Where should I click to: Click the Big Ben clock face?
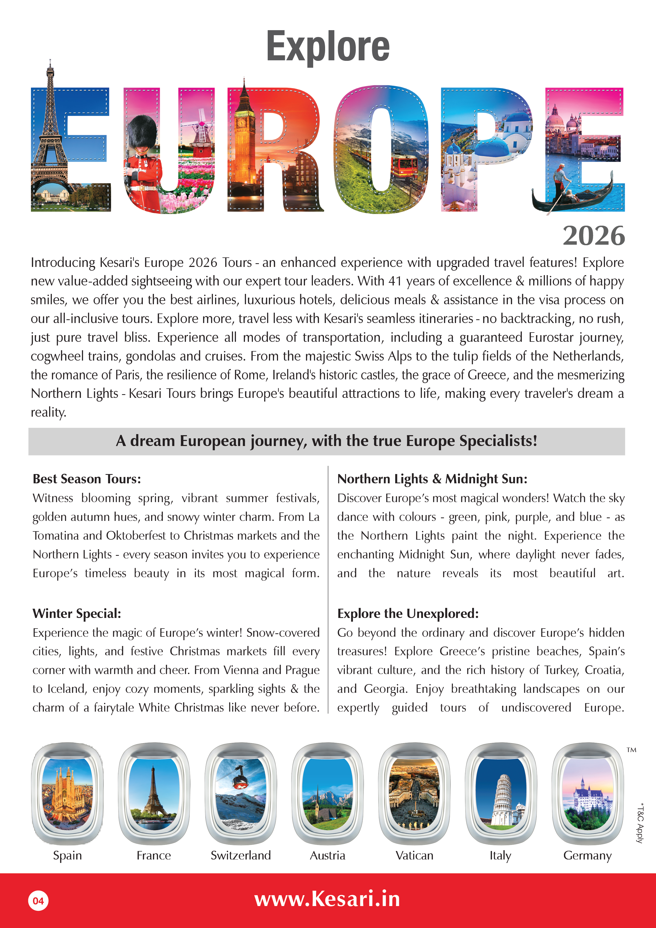tap(241, 122)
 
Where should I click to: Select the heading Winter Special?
tap(77, 613)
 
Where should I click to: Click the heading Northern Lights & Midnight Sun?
tap(432, 479)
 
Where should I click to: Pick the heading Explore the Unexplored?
tap(408, 613)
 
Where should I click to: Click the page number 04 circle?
tap(38, 901)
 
